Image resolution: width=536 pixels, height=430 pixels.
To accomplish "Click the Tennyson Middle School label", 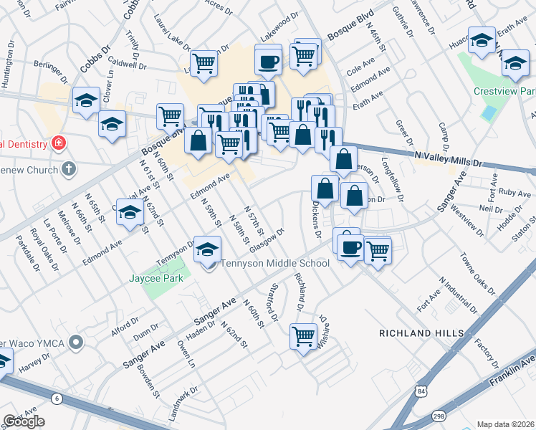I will [274, 263].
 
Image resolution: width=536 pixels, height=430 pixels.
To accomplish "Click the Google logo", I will [24, 421].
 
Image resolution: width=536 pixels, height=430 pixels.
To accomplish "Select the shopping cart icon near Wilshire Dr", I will [303, 335].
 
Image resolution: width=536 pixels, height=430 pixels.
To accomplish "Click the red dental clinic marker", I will [58, 144].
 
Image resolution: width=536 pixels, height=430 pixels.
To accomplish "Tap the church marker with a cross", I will [68, 169].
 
